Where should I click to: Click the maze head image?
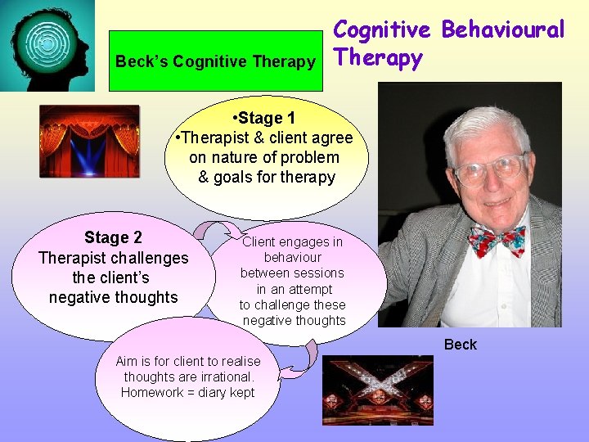47,45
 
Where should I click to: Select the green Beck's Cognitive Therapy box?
215,61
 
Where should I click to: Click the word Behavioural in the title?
503,30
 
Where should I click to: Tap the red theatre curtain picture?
89,141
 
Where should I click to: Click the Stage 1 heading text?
266,119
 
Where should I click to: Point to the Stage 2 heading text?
113,237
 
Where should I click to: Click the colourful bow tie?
497,240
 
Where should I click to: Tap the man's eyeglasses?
489,170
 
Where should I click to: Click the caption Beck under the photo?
460,345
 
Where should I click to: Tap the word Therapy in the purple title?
378,59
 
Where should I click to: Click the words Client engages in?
293,242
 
